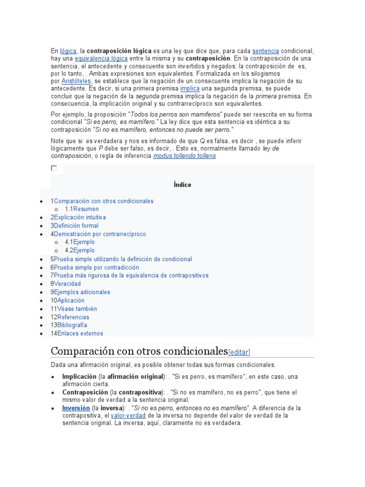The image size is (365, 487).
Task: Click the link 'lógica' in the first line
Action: [x=68, y=51]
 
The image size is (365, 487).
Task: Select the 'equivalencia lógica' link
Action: [x=101, y=58]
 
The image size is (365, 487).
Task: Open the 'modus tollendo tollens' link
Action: [x=184, y=156]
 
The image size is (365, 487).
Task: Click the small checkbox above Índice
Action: [x=54, y=168]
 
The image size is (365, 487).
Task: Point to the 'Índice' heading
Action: [x=182, y=185]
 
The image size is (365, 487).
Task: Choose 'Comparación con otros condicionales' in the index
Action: [x=104, y=201]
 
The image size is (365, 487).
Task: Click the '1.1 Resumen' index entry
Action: [x=86, y=209]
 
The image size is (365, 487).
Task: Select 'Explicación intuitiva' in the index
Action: [x=80, y=217]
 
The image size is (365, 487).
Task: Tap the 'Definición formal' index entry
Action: [x=76, y=225]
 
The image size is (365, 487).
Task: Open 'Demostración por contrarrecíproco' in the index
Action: [x=100, y=234]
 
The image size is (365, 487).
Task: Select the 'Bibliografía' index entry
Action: [x=72, y=325]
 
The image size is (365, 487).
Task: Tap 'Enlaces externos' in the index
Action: [x=79, y=333]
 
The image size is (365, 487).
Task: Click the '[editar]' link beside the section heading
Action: [x=239, y=352]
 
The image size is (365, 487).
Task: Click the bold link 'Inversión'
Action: [x=76, y=408]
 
